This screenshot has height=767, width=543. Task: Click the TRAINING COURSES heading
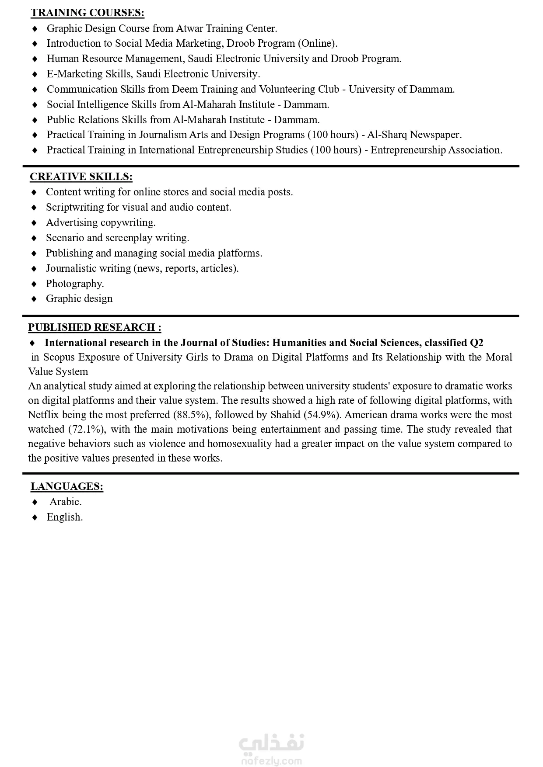tap(88, 13)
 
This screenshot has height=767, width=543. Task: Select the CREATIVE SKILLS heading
tap(81, 177)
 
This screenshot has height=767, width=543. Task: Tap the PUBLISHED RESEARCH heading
tap(95, 327)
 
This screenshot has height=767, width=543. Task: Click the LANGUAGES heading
tap(67, 486)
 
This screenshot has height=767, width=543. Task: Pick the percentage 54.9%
tap(322, 414)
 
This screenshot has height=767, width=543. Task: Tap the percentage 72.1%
tap(87, 429)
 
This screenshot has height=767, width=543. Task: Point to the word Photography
tap(74, 284)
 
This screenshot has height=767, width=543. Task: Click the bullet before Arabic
tap(35, 502)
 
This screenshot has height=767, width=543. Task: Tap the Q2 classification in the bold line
tap(476, 343)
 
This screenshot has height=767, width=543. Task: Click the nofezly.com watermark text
tap(271, 761)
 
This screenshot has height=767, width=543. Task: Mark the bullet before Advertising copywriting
tap(35, 223)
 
